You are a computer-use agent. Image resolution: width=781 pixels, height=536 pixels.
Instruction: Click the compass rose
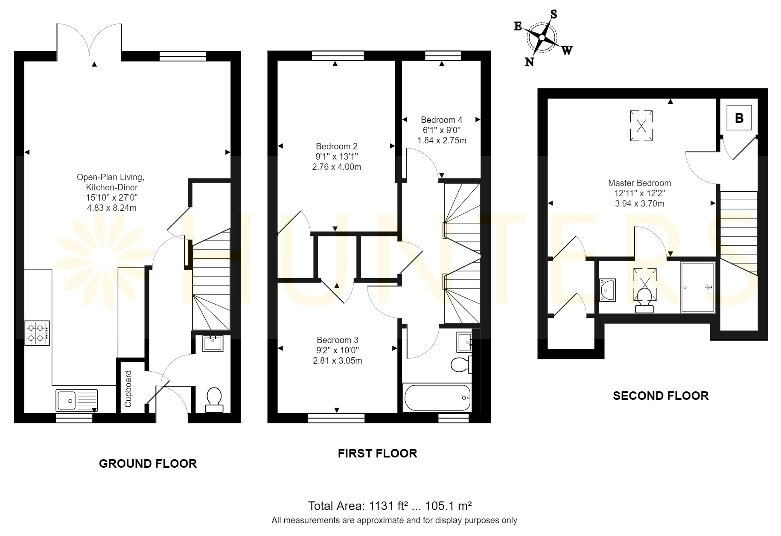click(x=542, y=38)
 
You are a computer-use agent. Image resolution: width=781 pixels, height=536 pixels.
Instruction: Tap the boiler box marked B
click(x=739, y=118)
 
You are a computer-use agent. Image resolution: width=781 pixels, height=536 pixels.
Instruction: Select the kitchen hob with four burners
click(x=37, y=333)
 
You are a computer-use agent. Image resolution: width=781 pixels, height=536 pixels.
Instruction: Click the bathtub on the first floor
click(x=437, y=398)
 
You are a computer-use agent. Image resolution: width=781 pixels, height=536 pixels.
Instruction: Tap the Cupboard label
click(x=128, y=388)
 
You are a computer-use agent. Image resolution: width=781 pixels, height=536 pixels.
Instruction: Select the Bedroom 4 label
click(x=441, y=120)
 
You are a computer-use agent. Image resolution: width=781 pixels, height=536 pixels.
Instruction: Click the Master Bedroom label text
click(x=639, y=183)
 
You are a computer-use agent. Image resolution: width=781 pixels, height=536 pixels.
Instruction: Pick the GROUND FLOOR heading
click(x=148, y=463)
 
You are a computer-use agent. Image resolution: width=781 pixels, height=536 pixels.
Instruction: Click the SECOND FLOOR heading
click(x=661, y=396)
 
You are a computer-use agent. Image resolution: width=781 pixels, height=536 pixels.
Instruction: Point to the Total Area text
click(x=390, y=506)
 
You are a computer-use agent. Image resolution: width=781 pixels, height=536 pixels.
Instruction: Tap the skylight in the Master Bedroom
click(x=641, y=126)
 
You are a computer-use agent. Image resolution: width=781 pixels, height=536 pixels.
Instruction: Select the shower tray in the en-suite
click(x=698, y=288)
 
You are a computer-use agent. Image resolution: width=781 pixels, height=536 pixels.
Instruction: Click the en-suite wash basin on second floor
click(x=607, y=290)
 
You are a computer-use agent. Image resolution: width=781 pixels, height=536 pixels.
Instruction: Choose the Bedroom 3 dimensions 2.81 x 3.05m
click(x=337, y=361)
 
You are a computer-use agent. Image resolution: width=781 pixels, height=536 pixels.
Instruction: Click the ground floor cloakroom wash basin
click(x=213, y=344)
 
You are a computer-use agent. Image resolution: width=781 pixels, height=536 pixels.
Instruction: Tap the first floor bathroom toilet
click(x=462, y=364)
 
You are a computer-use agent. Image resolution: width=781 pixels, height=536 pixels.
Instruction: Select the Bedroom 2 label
click(x=337, y=146)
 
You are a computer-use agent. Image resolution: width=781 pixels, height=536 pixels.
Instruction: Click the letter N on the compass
click(x=529, y=62)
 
